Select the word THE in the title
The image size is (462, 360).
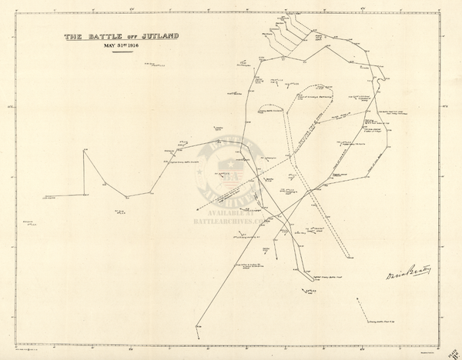pyautogui.click(x=73, y=36)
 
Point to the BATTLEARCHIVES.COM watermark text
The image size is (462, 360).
pyautogui.click(x=230, y=219)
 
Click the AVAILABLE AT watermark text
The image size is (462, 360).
pyautogui.click(x=230, y=212)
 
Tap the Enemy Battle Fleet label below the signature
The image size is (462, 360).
pyautogui.click(x=385, y=323)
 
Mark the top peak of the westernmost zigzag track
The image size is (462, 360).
pyautogui.click(x=85, y=150)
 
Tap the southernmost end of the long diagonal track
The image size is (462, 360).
pyautogui.click(x=198, y=326)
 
